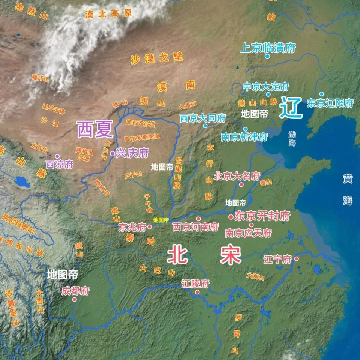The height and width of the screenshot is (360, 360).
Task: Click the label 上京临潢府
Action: point(268,48)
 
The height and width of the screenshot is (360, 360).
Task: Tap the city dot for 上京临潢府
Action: point(267,57)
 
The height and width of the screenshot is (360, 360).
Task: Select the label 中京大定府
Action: point(266,87)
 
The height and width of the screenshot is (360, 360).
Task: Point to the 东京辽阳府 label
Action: point(330,103)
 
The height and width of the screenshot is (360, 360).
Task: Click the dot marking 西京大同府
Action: point(205,126)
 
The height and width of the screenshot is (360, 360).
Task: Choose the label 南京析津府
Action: point(244,137)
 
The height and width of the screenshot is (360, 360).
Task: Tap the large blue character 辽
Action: point(291,108)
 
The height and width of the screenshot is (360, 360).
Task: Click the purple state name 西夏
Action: point(95,130)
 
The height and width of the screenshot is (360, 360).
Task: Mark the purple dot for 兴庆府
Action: point(112,153)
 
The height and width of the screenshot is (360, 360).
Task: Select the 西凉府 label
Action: point(60,164)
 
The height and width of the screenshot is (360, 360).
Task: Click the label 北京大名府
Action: point(237,176)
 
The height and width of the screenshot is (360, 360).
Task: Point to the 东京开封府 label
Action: point(262,216)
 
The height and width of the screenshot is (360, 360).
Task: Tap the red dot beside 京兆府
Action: point(150,227)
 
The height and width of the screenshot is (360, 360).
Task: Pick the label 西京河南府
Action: point(195,227)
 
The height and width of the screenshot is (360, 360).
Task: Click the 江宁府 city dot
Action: point(296,259)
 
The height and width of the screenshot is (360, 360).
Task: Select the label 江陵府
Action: point(195,283)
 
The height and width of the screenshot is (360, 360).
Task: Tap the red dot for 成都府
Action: point(74,299)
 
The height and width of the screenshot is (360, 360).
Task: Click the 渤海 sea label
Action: point(292,138)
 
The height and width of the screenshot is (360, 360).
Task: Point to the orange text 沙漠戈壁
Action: point(157,58)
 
